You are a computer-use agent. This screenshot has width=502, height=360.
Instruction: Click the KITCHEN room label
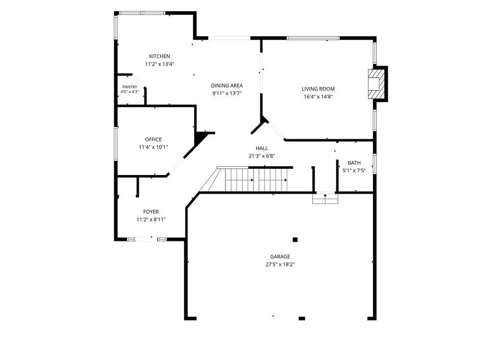(159, 56)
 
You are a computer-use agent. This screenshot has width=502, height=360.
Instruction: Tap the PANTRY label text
(129, 87)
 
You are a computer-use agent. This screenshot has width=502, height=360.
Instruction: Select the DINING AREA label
(226, 85)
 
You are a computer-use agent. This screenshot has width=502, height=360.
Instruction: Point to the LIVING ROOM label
(318, 89)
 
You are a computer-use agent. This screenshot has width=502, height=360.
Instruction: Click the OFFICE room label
(153, 139)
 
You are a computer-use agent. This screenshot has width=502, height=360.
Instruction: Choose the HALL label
(262, 148)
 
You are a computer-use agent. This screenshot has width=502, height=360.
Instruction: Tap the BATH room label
(354, 163)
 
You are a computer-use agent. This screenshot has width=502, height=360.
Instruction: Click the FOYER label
(151, 212)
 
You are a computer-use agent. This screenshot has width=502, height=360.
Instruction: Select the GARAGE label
(280, 257)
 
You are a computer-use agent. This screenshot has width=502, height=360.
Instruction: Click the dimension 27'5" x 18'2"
(280, 264)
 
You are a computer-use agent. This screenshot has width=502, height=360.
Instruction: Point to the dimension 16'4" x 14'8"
(318, 97)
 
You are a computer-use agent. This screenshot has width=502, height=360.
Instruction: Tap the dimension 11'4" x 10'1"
(153, 147)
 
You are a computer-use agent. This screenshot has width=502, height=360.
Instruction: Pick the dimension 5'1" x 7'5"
(354, 171)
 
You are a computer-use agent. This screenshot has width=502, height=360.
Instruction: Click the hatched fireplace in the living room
(375, 84)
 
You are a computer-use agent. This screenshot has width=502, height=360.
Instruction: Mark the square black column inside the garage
(295, 239)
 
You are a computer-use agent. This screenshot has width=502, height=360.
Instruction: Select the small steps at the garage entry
(326, 199)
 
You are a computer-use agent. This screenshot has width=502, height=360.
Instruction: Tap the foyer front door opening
(147, 239)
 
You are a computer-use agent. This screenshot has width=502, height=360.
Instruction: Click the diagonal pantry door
(138, 81)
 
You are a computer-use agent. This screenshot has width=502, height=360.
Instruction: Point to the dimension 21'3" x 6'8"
(262, 156)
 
